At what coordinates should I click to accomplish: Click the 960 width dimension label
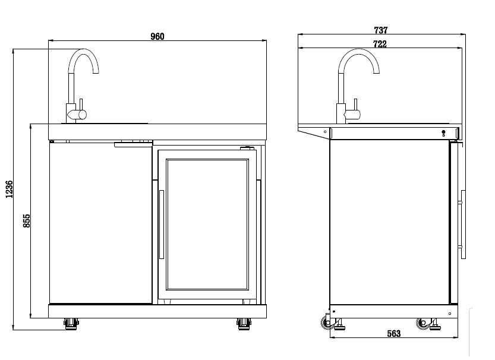coord(157,36)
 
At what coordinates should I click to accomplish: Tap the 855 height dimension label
coord(27,221)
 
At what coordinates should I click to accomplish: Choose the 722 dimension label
coord(380,44)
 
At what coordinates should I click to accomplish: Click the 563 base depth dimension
coord(393,334)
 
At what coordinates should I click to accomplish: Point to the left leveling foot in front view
coord(71,324)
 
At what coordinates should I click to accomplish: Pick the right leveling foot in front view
coord(243,324)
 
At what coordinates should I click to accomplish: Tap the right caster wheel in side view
coord(424,323)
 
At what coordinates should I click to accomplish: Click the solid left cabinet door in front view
coord(100,223)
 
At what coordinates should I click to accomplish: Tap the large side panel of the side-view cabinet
coord(389,223)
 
